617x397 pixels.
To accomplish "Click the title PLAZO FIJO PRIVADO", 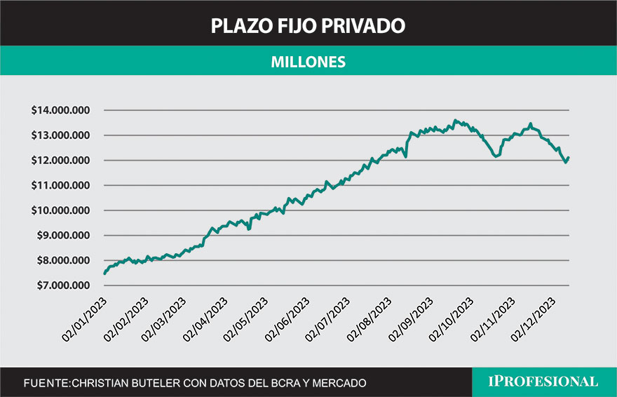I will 308,26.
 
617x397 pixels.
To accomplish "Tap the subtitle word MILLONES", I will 308,62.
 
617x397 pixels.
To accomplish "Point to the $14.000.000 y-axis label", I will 61,110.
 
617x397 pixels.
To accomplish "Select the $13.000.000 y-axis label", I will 61,135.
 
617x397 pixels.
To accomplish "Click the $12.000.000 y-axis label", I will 61,161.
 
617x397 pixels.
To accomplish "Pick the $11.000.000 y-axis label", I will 61,186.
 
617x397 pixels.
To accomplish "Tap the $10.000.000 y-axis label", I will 61,210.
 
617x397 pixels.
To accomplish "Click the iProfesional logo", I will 543,382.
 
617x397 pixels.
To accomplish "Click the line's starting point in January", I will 104,274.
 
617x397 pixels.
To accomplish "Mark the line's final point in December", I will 569,158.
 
